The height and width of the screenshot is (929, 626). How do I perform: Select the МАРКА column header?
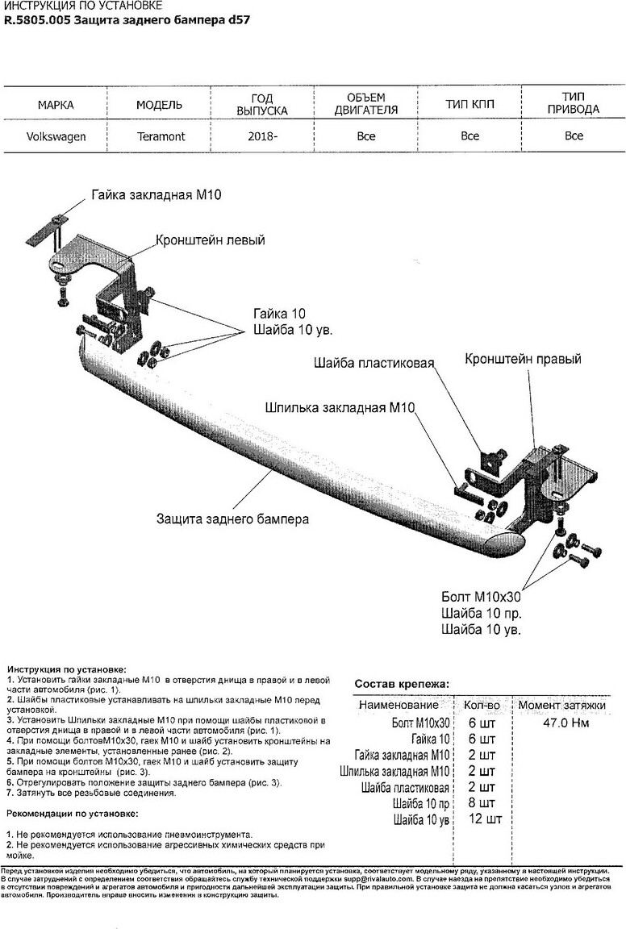56,105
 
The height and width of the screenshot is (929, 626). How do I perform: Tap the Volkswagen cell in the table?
56,136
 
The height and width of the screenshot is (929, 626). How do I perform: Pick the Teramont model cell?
159,136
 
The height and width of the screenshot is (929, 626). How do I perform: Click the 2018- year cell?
263,136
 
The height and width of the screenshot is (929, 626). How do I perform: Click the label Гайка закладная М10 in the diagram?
156,196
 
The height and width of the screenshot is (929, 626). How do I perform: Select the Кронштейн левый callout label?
211,240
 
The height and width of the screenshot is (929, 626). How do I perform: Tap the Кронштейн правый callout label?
523,360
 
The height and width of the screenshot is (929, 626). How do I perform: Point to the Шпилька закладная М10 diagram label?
339,408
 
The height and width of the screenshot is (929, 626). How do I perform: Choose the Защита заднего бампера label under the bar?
232,519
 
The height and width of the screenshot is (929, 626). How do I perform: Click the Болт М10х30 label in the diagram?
481,598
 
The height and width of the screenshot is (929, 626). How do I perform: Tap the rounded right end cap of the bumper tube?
507,543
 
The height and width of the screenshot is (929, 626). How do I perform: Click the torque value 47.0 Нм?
562,723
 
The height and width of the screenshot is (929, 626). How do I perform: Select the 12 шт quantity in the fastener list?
484,820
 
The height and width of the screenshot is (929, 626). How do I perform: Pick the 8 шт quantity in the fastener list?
482,804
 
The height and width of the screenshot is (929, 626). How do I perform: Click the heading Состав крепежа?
403,685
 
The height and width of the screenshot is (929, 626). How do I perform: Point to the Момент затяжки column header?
561,706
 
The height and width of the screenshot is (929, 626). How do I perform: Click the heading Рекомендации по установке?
72,814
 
